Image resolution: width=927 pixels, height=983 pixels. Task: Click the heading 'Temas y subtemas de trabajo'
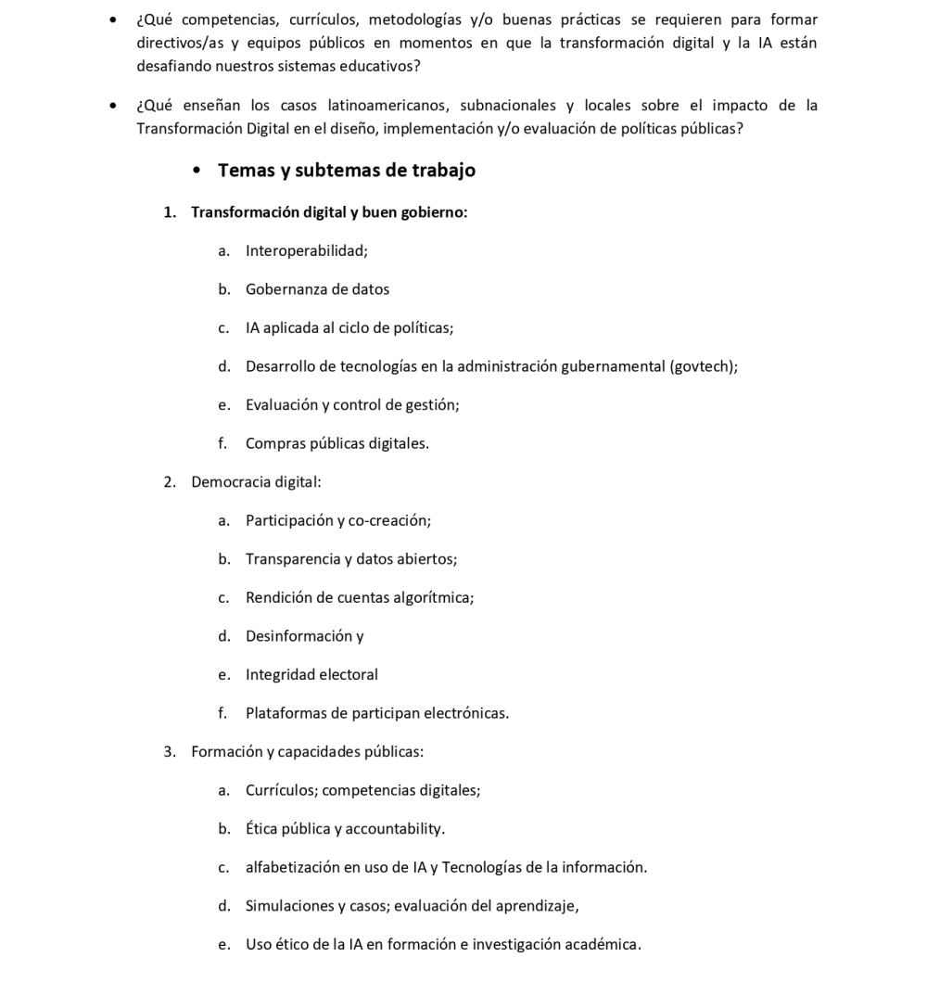click(x=347, y=171)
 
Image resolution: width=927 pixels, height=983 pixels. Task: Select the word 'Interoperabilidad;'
click(x=307, y=250)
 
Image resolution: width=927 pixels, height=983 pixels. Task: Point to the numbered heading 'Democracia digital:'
click(x=256, y=482)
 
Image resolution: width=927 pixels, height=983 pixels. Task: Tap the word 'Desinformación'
click(x=298, y=636)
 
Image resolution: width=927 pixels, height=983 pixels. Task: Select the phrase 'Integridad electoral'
click(x=311, y=675)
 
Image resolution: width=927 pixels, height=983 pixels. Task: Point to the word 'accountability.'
click(x=395, y=829)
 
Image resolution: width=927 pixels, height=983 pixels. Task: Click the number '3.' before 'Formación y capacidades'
click(x=170, y=752)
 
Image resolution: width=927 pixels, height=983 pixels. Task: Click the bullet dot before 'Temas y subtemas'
click(x=197, y=172)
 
